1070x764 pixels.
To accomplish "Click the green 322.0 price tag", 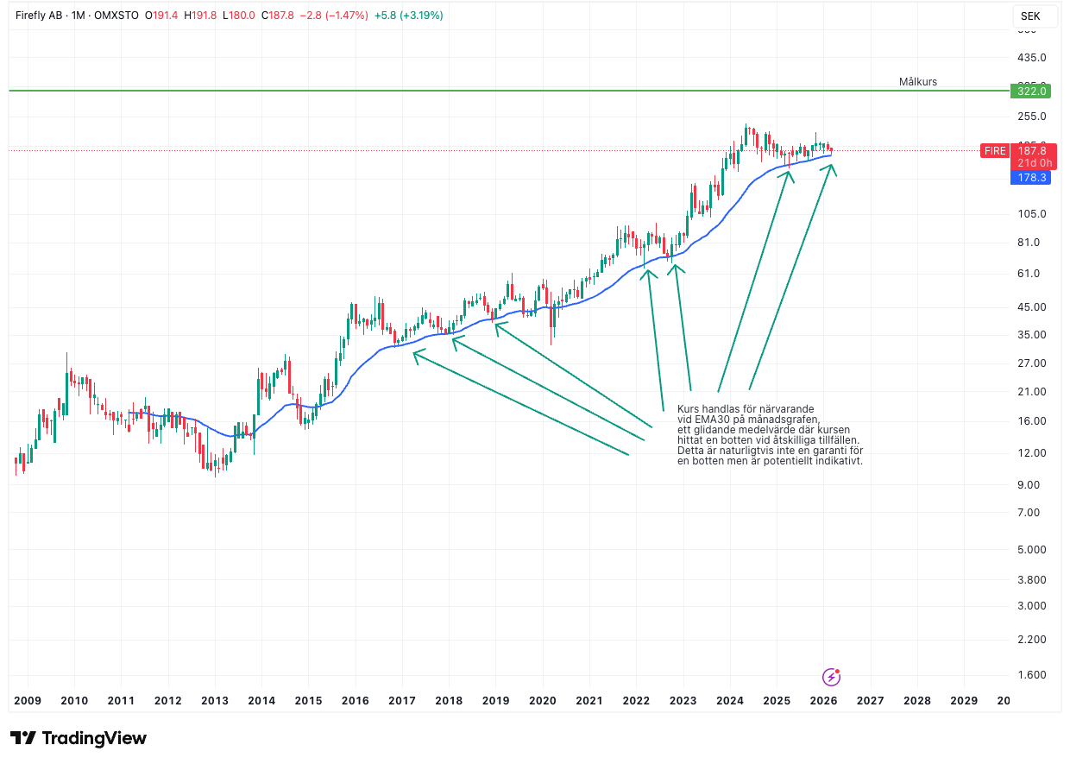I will [1031, 91].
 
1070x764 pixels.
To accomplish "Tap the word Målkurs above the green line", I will [917, 82].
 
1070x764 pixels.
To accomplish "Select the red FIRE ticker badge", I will [994, 151].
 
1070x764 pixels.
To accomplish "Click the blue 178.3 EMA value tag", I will [1031, 178].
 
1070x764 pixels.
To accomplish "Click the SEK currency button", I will [1030, 16].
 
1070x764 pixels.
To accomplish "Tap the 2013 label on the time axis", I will [214, 700].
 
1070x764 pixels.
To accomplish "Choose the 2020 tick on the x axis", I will [542, 700].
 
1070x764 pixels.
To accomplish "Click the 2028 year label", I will [916, 700].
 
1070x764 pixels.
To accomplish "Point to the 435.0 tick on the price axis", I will [1032, 58].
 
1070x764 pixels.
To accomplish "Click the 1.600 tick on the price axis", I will [1031, 675].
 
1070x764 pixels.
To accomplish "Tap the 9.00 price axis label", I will [1031, 484].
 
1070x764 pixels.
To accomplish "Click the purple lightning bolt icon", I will [831, 677].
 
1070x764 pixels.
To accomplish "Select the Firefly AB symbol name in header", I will [39, 16].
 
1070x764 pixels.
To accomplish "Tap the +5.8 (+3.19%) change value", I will [408, 16].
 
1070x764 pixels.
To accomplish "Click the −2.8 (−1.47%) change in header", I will [333, 16].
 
